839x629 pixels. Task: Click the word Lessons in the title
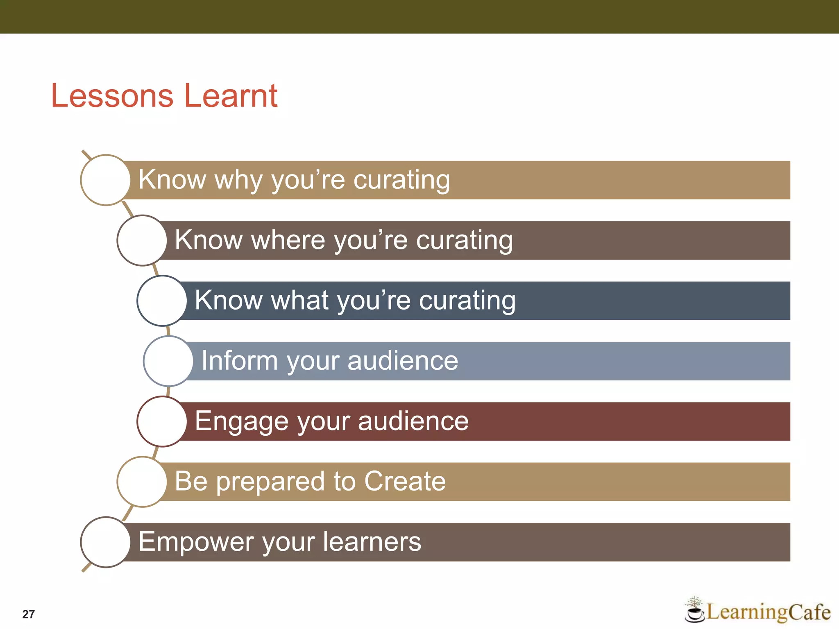point(112,96)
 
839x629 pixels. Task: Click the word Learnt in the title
point(231,96)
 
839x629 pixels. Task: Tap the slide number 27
point(28,614)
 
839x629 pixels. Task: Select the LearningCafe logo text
point(768,612)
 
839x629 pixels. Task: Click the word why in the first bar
point(239,180)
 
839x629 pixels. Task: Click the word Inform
point(239,361)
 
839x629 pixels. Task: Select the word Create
point(405,481)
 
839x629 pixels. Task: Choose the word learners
point(372,542)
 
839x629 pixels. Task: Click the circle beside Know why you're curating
point(106,180)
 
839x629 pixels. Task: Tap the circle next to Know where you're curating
point(142,240)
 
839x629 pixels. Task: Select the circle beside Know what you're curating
point(162,301)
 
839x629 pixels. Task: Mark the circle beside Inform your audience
point(168,361)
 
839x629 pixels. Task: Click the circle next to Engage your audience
point(162,421)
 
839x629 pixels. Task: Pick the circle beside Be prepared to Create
point(142,482)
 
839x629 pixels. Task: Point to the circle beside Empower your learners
point(106,542)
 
